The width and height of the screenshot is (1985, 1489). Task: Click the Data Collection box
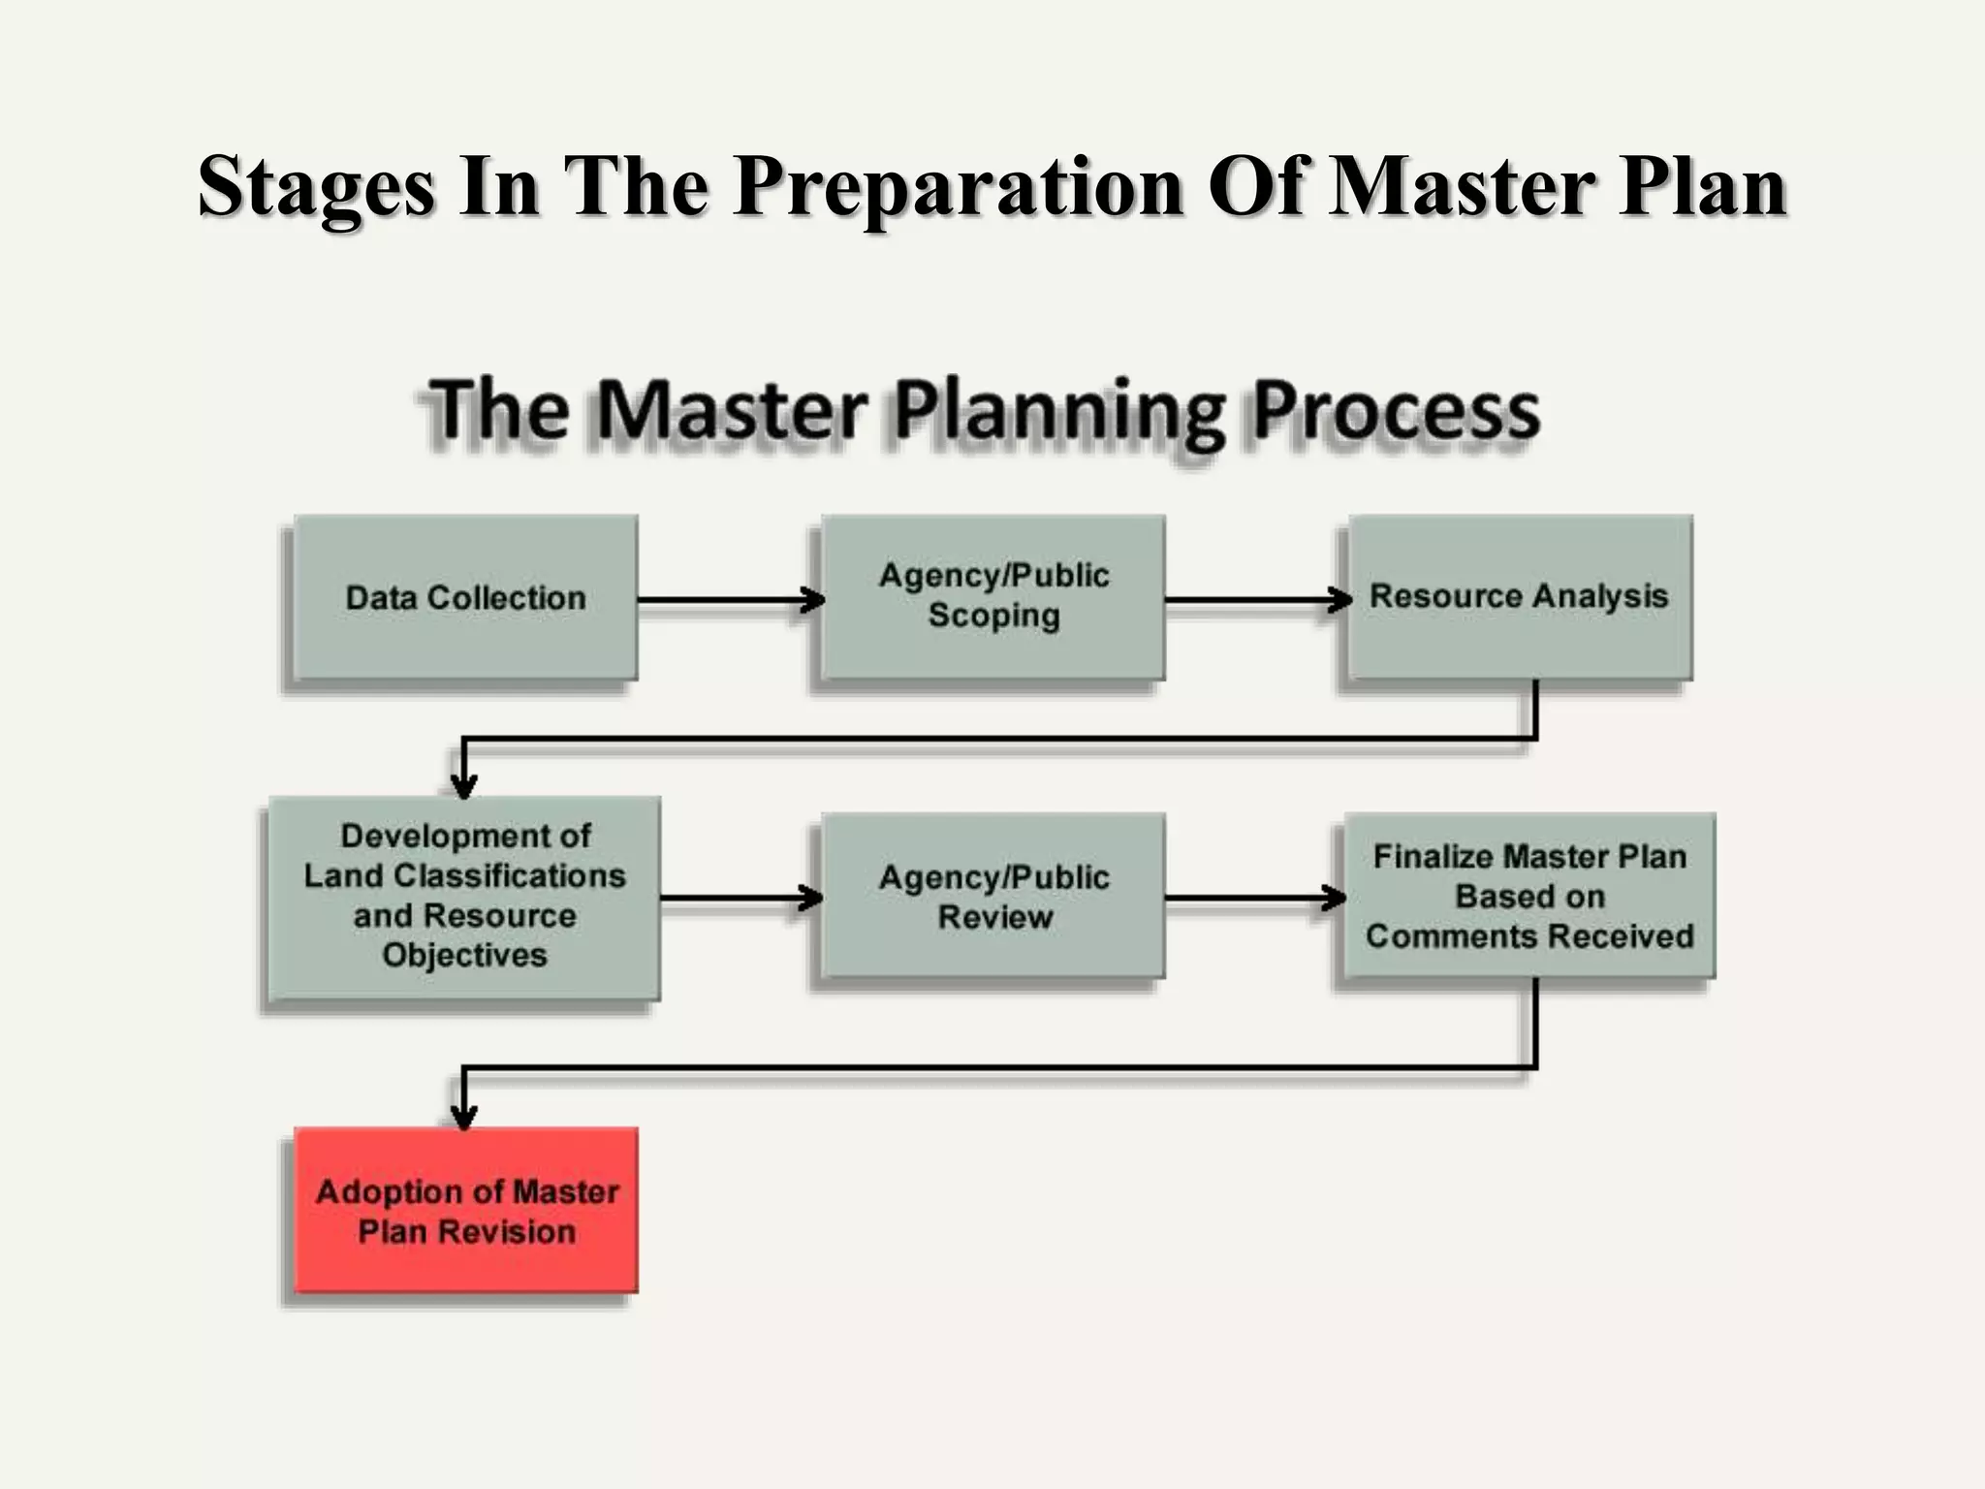pyautogui.click(x=465, y=597)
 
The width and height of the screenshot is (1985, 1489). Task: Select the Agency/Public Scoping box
pyautogui.click(x=993, y=596)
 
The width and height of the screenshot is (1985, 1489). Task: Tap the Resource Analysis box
pyautogui.click(x=1519, y=596)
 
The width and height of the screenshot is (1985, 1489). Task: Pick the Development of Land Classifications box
pyautogui.click(x=464, y=897)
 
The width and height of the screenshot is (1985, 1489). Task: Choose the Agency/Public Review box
pyautogui.click(x=993, y=897)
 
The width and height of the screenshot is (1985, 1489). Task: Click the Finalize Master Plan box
pyautogui.click(x=1528, y=897)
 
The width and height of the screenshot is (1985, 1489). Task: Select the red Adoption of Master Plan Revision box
pyautogui.click(x=466, y=1211)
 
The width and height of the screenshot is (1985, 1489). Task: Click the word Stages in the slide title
pyautogui.click(x=316, y=186)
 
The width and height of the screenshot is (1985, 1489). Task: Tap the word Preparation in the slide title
pyautogui.click(x=958, y=186)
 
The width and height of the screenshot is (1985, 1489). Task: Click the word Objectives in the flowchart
pyautogui.click(x=464, y=956)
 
